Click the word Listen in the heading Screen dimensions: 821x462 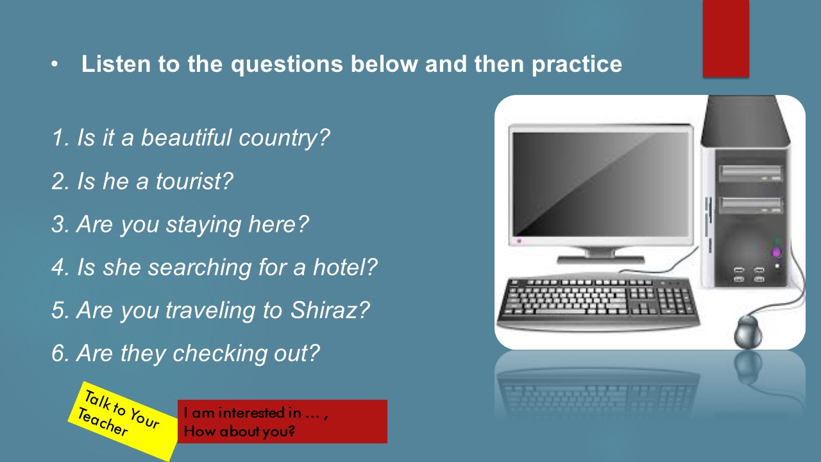(116, 64)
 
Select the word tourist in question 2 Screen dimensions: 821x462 (194, 181)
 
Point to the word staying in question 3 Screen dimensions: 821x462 (203, 225)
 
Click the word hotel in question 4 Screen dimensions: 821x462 (345, 267)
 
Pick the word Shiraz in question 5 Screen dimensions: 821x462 (330, 310)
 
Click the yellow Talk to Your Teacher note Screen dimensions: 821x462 (123, 420)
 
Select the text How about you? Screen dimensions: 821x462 (239, 431)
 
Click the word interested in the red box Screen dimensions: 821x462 (251, 413)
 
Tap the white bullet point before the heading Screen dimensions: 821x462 (55, 65)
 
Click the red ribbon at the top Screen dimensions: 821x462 (725, 38)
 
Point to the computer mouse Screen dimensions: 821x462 (748, 332)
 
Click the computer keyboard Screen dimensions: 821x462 (598, 302)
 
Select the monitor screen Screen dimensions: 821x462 (600, 184)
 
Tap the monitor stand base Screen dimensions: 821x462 (600, 259)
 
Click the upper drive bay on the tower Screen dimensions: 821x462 (750, 174)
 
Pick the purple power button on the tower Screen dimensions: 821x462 (776, 252)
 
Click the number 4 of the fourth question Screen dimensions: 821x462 (58, 267)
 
